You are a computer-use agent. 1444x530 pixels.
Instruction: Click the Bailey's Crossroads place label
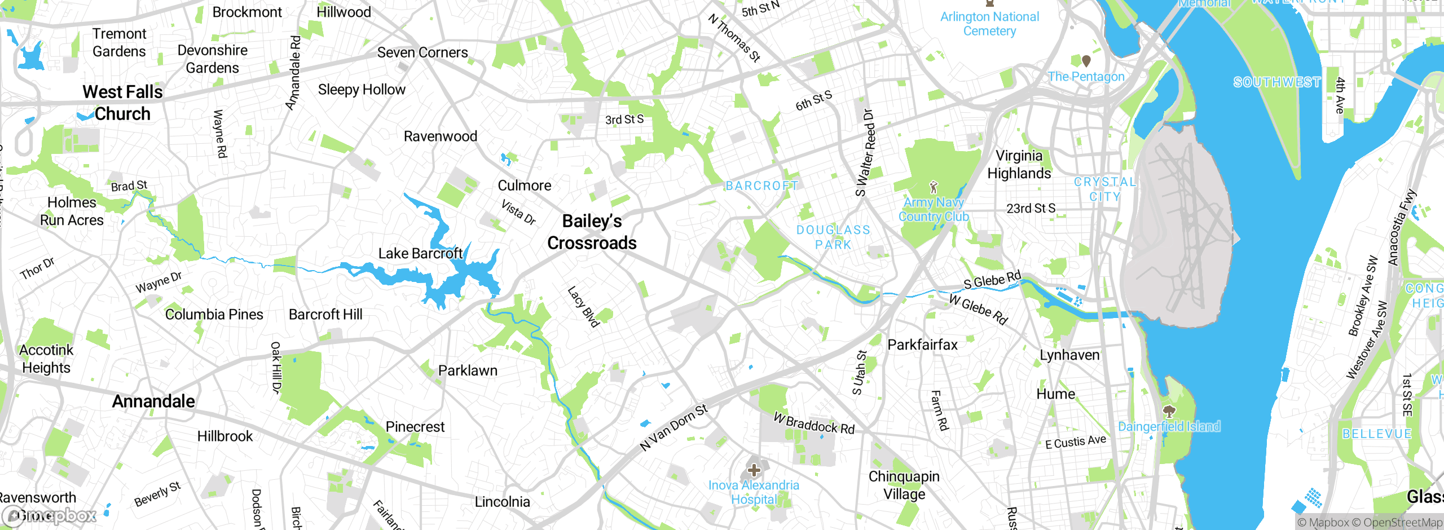point(592,232)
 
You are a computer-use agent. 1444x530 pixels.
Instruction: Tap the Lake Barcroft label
point(420,254)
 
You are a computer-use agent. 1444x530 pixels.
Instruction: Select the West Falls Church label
point(122,103)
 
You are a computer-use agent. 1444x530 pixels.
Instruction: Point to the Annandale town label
point(153,401)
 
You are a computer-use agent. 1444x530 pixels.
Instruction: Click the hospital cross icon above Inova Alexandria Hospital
point(754,470)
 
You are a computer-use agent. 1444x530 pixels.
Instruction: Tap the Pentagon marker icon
point(1086,60)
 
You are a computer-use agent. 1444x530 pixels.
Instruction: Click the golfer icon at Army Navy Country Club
point(934,187)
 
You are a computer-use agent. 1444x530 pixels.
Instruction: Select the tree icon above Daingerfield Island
point(1169,411)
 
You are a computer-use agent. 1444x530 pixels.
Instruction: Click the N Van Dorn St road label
point(673,428)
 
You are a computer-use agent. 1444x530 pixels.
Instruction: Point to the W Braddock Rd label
point(814,424)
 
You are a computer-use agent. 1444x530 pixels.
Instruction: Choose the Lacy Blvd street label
point(583,307)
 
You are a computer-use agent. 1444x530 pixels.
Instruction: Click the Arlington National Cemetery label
point(989,24)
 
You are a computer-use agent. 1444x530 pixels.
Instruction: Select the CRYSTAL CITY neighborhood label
point(1104,189)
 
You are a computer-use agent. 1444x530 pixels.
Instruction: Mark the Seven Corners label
point(422,52)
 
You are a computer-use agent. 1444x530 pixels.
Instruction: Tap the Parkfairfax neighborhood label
point(922,344)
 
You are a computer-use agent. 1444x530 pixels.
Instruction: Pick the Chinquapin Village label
point(904,485)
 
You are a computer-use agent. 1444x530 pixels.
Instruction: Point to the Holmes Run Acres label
point(72,211)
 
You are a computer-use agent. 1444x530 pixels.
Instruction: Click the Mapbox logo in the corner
point(50,515)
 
